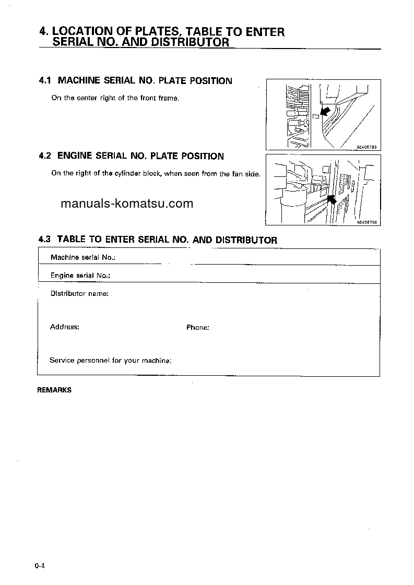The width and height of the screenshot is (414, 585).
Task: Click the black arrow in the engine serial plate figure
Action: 331,199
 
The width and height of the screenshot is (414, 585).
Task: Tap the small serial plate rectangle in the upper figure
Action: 315,117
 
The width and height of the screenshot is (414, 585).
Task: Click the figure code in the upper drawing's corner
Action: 367,147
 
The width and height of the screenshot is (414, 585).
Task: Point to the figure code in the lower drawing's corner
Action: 367,222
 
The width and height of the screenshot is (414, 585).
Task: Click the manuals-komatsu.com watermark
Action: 127,204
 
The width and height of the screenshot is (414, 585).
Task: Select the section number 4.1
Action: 45,81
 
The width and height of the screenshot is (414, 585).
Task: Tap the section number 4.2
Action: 45,156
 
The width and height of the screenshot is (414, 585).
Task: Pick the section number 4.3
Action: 45,240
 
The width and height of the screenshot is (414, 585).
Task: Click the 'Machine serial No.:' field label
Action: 82,257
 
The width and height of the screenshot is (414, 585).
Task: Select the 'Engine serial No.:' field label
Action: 80,276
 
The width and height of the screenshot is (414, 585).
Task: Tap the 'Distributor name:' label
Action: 79,294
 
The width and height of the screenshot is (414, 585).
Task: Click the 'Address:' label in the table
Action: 65,327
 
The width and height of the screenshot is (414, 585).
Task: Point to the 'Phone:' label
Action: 198,328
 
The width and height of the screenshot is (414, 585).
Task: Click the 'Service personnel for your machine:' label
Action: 111,361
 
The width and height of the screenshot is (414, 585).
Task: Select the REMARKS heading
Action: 54,390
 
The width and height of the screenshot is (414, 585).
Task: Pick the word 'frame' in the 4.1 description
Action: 168,98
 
